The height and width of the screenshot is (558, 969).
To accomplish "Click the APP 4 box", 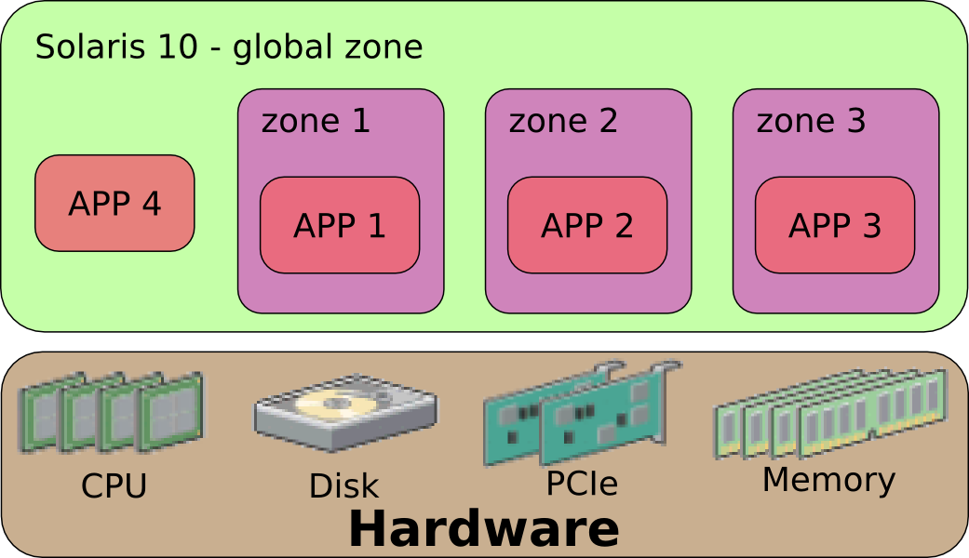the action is tap(114, 203).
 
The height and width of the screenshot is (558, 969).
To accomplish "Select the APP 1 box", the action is tap(340, 225).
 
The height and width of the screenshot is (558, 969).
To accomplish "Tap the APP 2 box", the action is tap(587, 225).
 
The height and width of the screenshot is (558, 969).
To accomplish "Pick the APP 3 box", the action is tap(835, 225).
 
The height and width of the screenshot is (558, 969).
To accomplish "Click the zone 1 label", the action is tap(316, 121).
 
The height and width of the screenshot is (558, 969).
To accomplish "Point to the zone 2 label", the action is tap(563, 121).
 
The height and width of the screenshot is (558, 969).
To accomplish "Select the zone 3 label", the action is tap(811, 121).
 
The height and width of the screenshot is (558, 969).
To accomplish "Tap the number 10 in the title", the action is tap(177, 46).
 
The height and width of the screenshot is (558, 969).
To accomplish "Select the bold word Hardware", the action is tap(484, 529).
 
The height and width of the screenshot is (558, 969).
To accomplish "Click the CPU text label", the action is tap(114, 485).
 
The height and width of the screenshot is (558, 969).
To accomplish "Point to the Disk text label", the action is tap(343, 486).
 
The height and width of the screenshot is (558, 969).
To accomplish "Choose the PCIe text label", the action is tap(582, 484).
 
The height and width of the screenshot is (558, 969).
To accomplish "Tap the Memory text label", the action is tap(828, 481).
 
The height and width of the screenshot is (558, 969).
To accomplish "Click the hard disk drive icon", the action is tap(346, 412).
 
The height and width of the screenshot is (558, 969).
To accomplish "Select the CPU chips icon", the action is tap(112, 412).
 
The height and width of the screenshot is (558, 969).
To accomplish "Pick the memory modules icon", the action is tap(830, 414).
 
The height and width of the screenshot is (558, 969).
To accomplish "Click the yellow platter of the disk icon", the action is tap(334, 405).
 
